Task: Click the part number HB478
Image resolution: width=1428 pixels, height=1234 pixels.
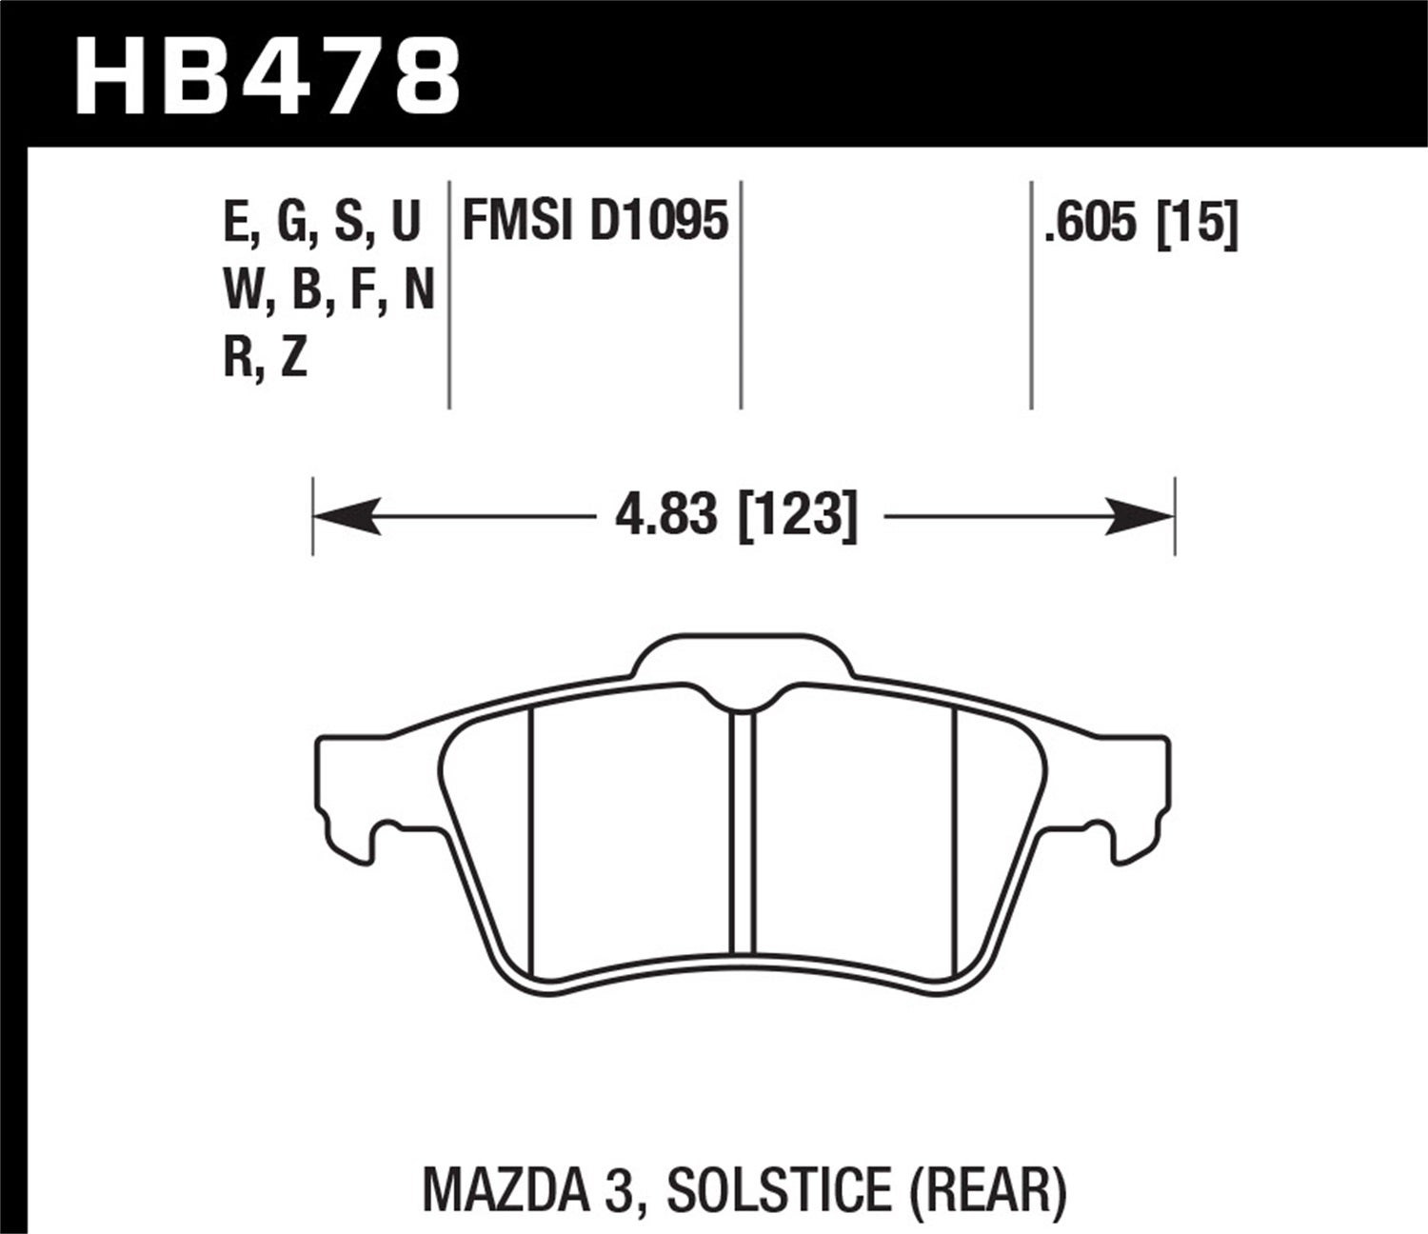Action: coord(268,73)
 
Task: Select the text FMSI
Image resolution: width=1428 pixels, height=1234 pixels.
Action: coord(519,221)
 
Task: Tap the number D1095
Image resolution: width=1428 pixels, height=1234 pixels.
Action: coord(659,221)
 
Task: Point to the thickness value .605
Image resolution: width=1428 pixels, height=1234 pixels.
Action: coord(1089,225)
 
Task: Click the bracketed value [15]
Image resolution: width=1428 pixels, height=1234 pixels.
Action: coord(1197,225)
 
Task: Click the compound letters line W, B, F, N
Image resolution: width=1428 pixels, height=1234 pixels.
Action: coord(328,290)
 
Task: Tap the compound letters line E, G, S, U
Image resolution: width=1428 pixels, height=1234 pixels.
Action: coord(321,223)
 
